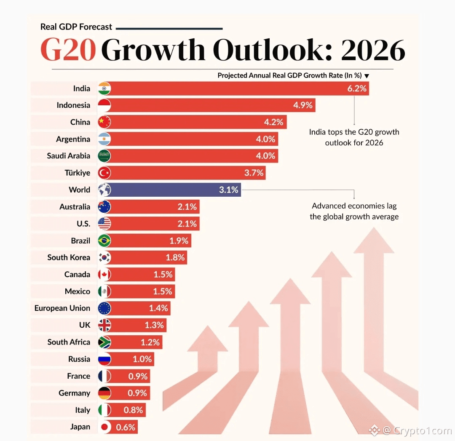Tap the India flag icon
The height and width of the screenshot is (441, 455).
[104, 88]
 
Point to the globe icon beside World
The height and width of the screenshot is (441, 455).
[104, 190]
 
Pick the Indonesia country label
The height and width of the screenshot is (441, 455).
[73, 105]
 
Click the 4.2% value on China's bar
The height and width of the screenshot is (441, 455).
[273, 122]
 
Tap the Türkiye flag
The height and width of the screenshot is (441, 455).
[104, 173]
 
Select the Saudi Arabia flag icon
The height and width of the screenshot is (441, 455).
[104, 156]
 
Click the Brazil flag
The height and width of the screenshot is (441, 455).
[104, 241]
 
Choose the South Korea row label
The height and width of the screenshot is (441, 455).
[69, 257]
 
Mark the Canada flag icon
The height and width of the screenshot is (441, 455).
[104, 275]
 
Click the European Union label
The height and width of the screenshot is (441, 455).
[62, 308]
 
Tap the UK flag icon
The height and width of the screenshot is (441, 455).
[104, 325]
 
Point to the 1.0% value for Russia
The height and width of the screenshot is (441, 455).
[142, 359]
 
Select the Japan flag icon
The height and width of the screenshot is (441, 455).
[104, 427]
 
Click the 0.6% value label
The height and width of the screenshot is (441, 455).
[126, 427]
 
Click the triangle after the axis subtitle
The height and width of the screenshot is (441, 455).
[367, 76]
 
